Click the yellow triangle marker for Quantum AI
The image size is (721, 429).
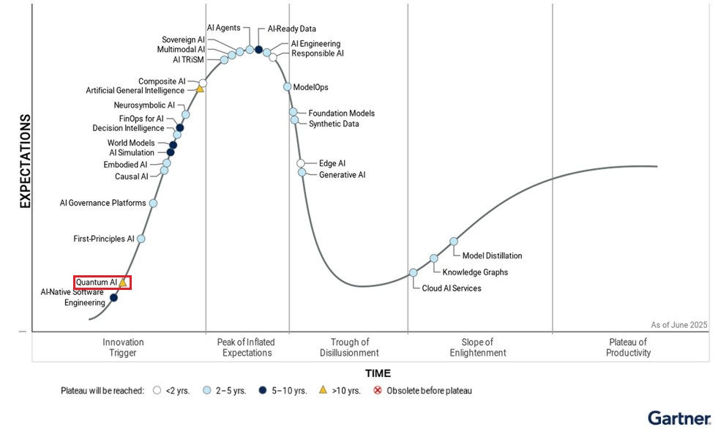pos(123,283)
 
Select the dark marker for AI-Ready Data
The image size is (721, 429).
pos(258,50)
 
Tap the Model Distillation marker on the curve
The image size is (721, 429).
pos(454,241)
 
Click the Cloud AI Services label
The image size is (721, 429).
pos(452,288)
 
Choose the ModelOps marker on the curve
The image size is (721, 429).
pos(288,87)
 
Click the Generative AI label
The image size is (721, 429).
pos(342,175)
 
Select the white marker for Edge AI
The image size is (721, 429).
pos(301,163)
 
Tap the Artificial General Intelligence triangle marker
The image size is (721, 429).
pos(199,89)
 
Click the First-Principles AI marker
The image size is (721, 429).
pos(141,239)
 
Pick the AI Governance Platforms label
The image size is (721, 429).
pos(102,203)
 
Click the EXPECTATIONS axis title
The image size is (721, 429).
pos(25,161)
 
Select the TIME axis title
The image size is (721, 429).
pos(378,373)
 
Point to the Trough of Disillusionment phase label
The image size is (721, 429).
pos(349,347)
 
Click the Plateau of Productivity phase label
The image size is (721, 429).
pos(630,347)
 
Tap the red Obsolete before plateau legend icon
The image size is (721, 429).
pos(378,390)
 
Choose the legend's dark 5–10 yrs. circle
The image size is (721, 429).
pos(262,390)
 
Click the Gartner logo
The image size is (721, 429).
pos(679,418)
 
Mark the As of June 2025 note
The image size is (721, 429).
pos(679,325)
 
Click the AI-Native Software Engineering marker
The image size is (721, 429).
pos(113,297)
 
